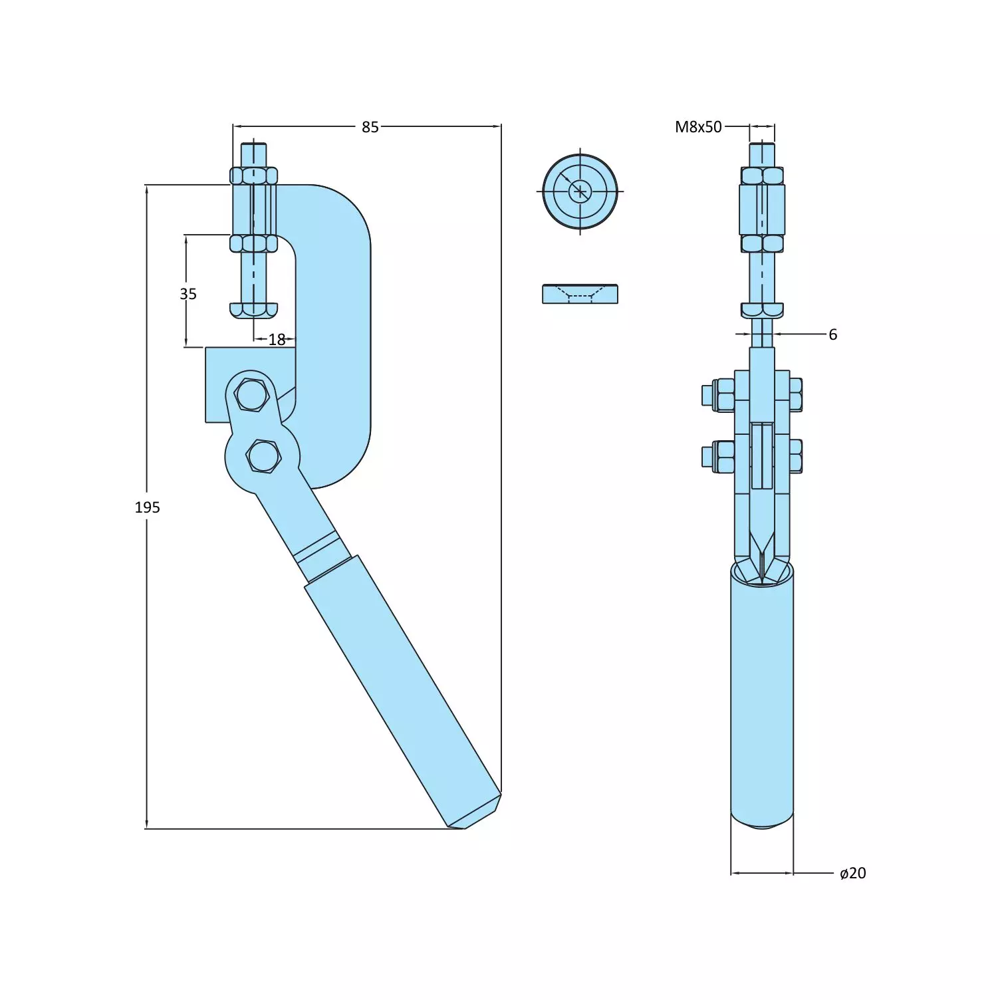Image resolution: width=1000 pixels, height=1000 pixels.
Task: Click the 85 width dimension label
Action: [x=370, y=126]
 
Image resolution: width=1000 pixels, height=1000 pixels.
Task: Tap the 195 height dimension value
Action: [x=147, y=507]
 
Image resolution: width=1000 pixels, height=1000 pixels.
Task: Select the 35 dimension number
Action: [x=188, y=293]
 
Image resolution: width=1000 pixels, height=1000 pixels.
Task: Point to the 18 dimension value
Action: [x=277, y=340]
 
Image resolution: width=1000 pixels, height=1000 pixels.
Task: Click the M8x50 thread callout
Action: [x=697, y=127]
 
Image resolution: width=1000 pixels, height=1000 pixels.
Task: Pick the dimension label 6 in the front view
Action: [x=832, y=334]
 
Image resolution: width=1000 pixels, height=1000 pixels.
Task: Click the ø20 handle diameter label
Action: [x=852, y=873]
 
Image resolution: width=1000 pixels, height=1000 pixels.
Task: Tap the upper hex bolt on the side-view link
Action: [x=251, y=395]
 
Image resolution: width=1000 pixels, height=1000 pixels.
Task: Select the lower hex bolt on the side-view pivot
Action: [x=263, y=457]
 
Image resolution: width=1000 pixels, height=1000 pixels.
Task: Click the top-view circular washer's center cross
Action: [x=580, y=191]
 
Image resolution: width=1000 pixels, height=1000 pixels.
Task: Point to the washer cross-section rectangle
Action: [x=580, y=294]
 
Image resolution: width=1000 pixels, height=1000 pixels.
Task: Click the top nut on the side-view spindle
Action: [x=253, y=176]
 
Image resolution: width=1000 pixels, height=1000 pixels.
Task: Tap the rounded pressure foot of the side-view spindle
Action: [x=253, y=310]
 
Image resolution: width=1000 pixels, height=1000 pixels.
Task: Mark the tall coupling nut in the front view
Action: [x=762, y=209]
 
